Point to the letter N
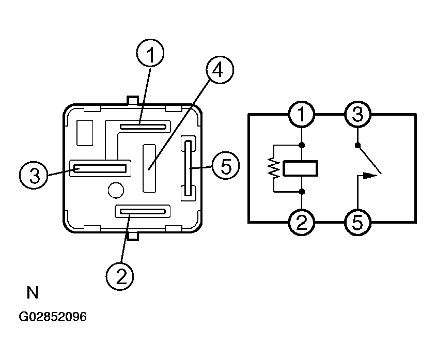click(x=32, y=293)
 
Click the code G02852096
click(x=53, y=317)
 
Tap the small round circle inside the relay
click(x=116, y=191)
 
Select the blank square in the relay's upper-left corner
click(x=85, y=133)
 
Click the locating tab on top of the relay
click(x=133, y=100)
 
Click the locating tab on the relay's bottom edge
click(x=133, y=236)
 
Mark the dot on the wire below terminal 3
click(x=357, y=145)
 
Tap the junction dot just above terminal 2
click(x=302, y=192)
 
